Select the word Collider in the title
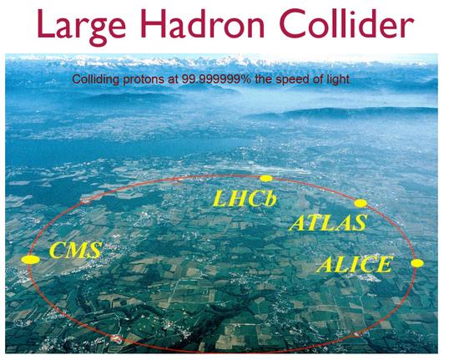click(x=346, y=23)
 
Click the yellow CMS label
click(x=75, y=250)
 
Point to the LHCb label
click(x=245, y=199)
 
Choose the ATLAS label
click(x=328, y=222)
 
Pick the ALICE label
click(x=354, y=264)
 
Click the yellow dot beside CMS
click(x=30, y=260)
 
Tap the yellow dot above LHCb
click(x=266, y=178)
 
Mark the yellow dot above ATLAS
click(x=361, y=203)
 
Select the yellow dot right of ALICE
click(x=417, y=263)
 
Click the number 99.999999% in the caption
click(x=216, y=79)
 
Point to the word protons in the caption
click(x=144, y=79)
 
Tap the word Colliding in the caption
click(x=96, y=79)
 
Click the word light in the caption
click(x=339, y=79)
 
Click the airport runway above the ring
click(x=258, y=170)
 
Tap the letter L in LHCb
click(x=219, y=199)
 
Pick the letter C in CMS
click(x=58, y=250)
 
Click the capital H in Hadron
click(x=153, y=24)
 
